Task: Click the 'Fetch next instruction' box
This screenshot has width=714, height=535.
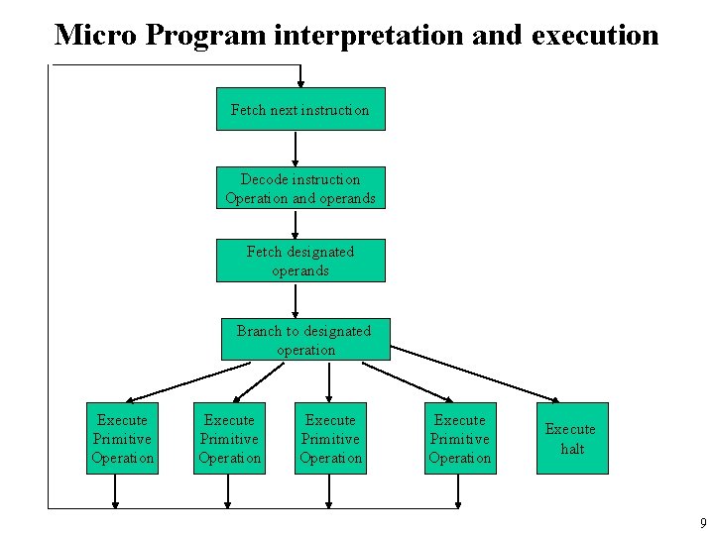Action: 300,109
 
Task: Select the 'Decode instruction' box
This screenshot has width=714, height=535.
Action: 300,188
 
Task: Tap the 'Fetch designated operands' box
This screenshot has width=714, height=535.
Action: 300,261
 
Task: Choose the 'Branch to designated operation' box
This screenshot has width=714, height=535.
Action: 305,340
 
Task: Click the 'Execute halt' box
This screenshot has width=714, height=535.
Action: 571,438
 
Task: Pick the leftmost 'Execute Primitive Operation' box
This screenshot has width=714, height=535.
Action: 122,438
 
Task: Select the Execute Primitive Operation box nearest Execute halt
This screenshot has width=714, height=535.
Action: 459,438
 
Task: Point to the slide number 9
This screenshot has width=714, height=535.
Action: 702,523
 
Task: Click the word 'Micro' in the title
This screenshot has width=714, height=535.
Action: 96,36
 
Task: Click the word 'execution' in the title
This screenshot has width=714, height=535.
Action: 595,36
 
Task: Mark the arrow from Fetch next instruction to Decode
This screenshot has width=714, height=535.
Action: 295,149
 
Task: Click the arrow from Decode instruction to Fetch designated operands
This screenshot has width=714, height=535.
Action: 295,224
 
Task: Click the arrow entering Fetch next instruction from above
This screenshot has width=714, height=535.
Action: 300,77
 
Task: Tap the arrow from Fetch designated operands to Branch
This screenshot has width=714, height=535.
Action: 295,300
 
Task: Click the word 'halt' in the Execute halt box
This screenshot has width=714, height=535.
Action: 571,449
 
